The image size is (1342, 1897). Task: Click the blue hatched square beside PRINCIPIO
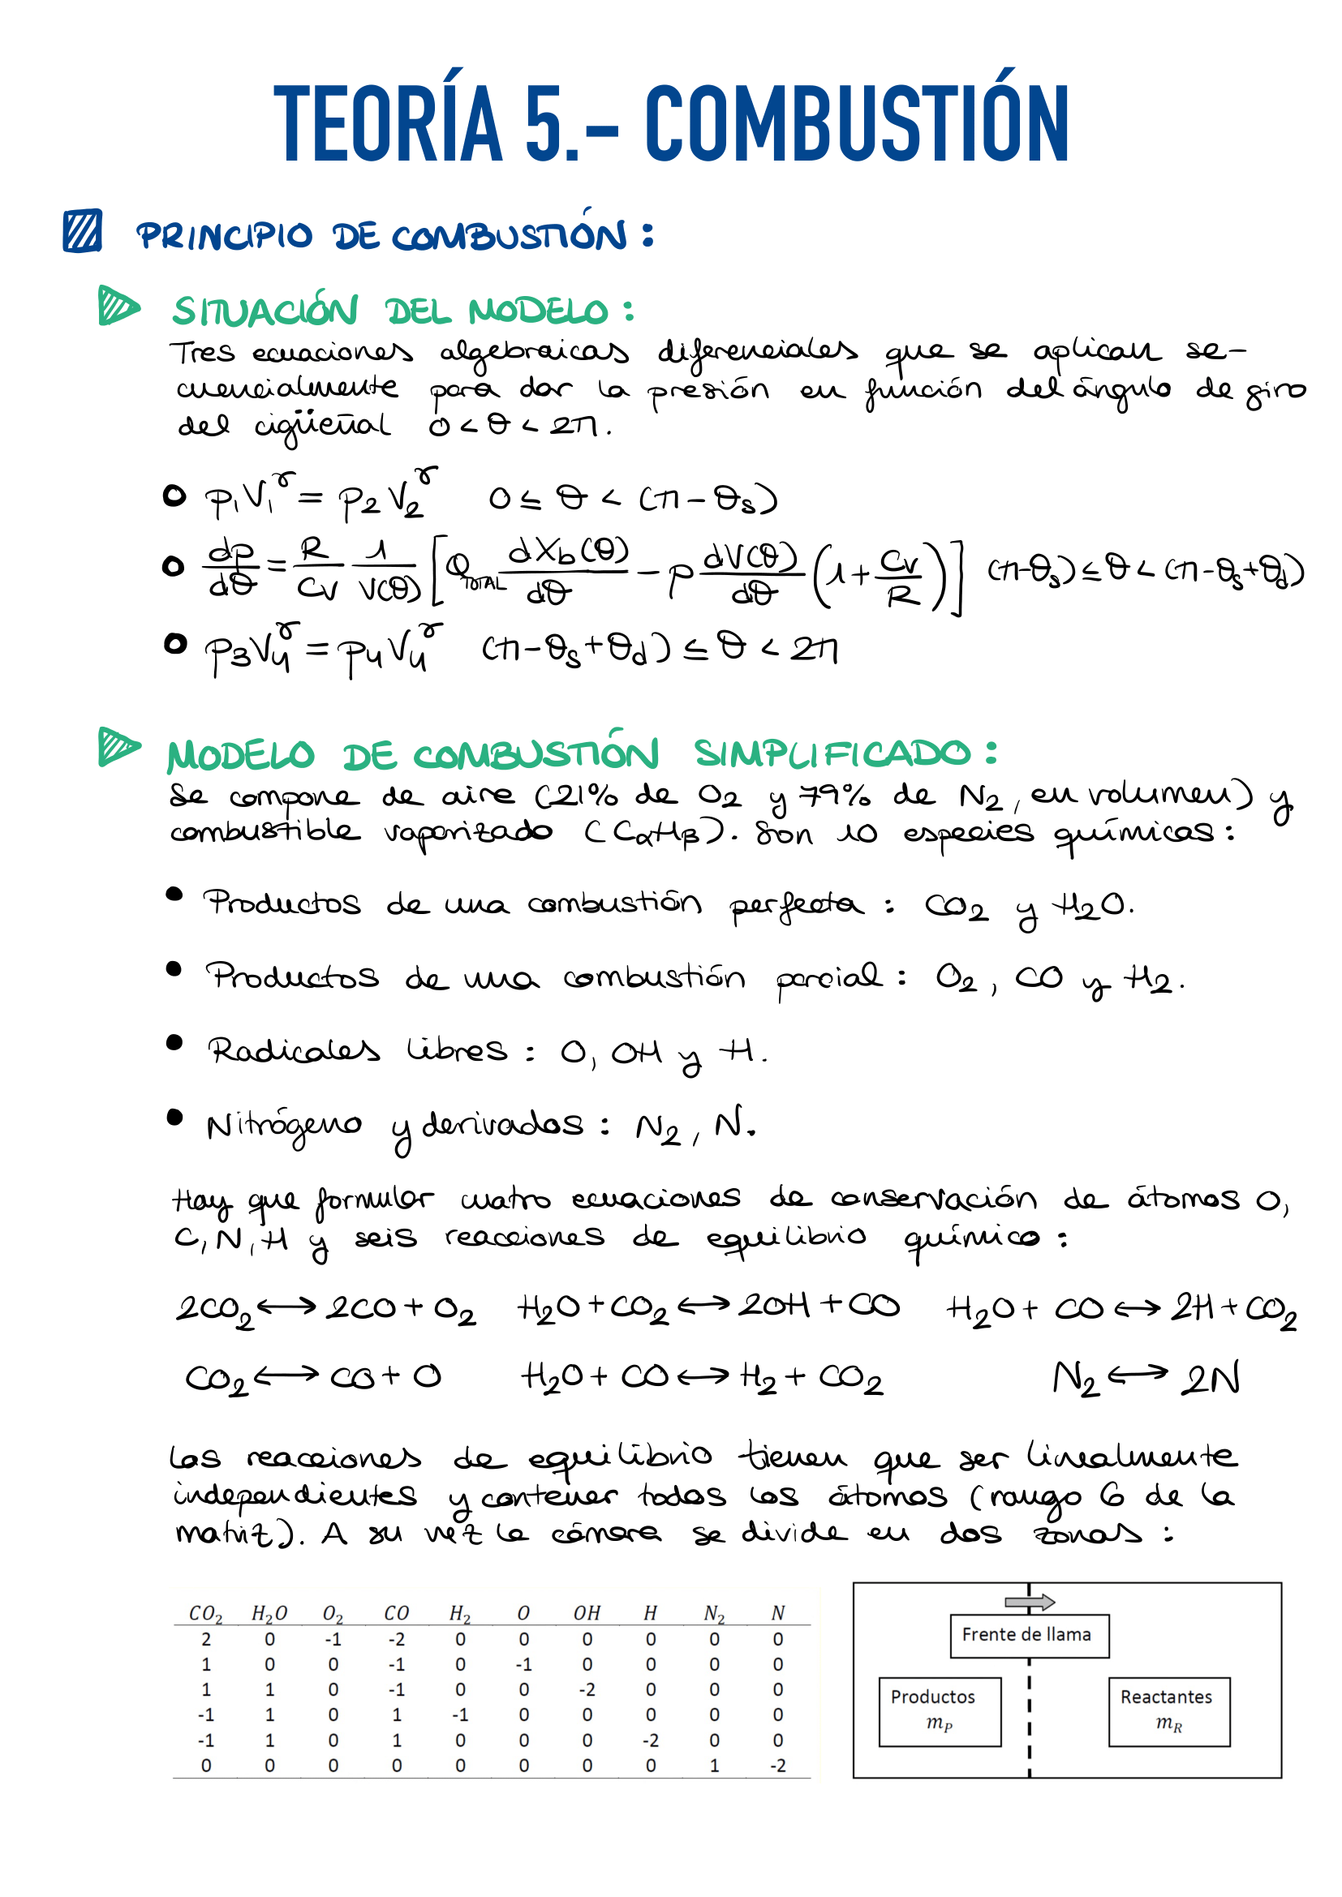83,230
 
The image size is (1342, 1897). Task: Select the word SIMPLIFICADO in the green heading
832,753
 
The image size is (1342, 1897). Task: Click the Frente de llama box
1029,1635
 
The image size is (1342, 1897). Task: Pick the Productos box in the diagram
940,1711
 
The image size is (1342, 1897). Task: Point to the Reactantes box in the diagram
1168,1711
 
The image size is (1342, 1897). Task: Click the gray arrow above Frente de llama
1030,1602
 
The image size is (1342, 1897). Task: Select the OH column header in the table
587,1613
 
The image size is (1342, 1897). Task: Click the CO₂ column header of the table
206,1613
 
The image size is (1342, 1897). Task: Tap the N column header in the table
777,1613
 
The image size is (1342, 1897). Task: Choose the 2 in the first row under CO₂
206,1639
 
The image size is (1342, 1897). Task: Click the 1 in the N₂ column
714,1766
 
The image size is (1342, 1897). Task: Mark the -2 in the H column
651,1740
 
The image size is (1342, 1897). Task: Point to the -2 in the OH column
587,1689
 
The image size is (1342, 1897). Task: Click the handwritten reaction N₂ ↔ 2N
1146,1377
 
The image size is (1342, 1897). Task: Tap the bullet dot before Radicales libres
174,1042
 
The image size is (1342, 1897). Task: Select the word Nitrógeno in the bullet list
283,1126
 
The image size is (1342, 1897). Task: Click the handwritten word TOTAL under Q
484,583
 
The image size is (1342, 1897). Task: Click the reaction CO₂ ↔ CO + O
313,1377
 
